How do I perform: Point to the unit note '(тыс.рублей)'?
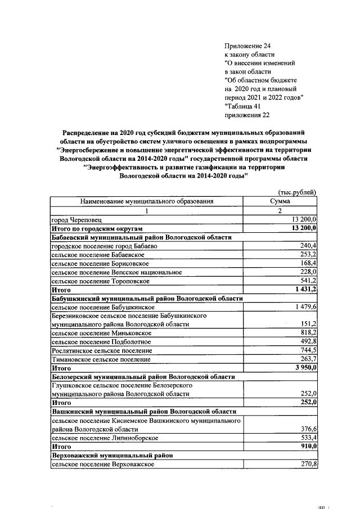[x=298, y=192]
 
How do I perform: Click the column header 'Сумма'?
[x=280, y=201]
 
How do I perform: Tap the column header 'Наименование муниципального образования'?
[x=147, y=201]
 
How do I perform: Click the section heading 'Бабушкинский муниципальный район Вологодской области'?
[x=147, y=298]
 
